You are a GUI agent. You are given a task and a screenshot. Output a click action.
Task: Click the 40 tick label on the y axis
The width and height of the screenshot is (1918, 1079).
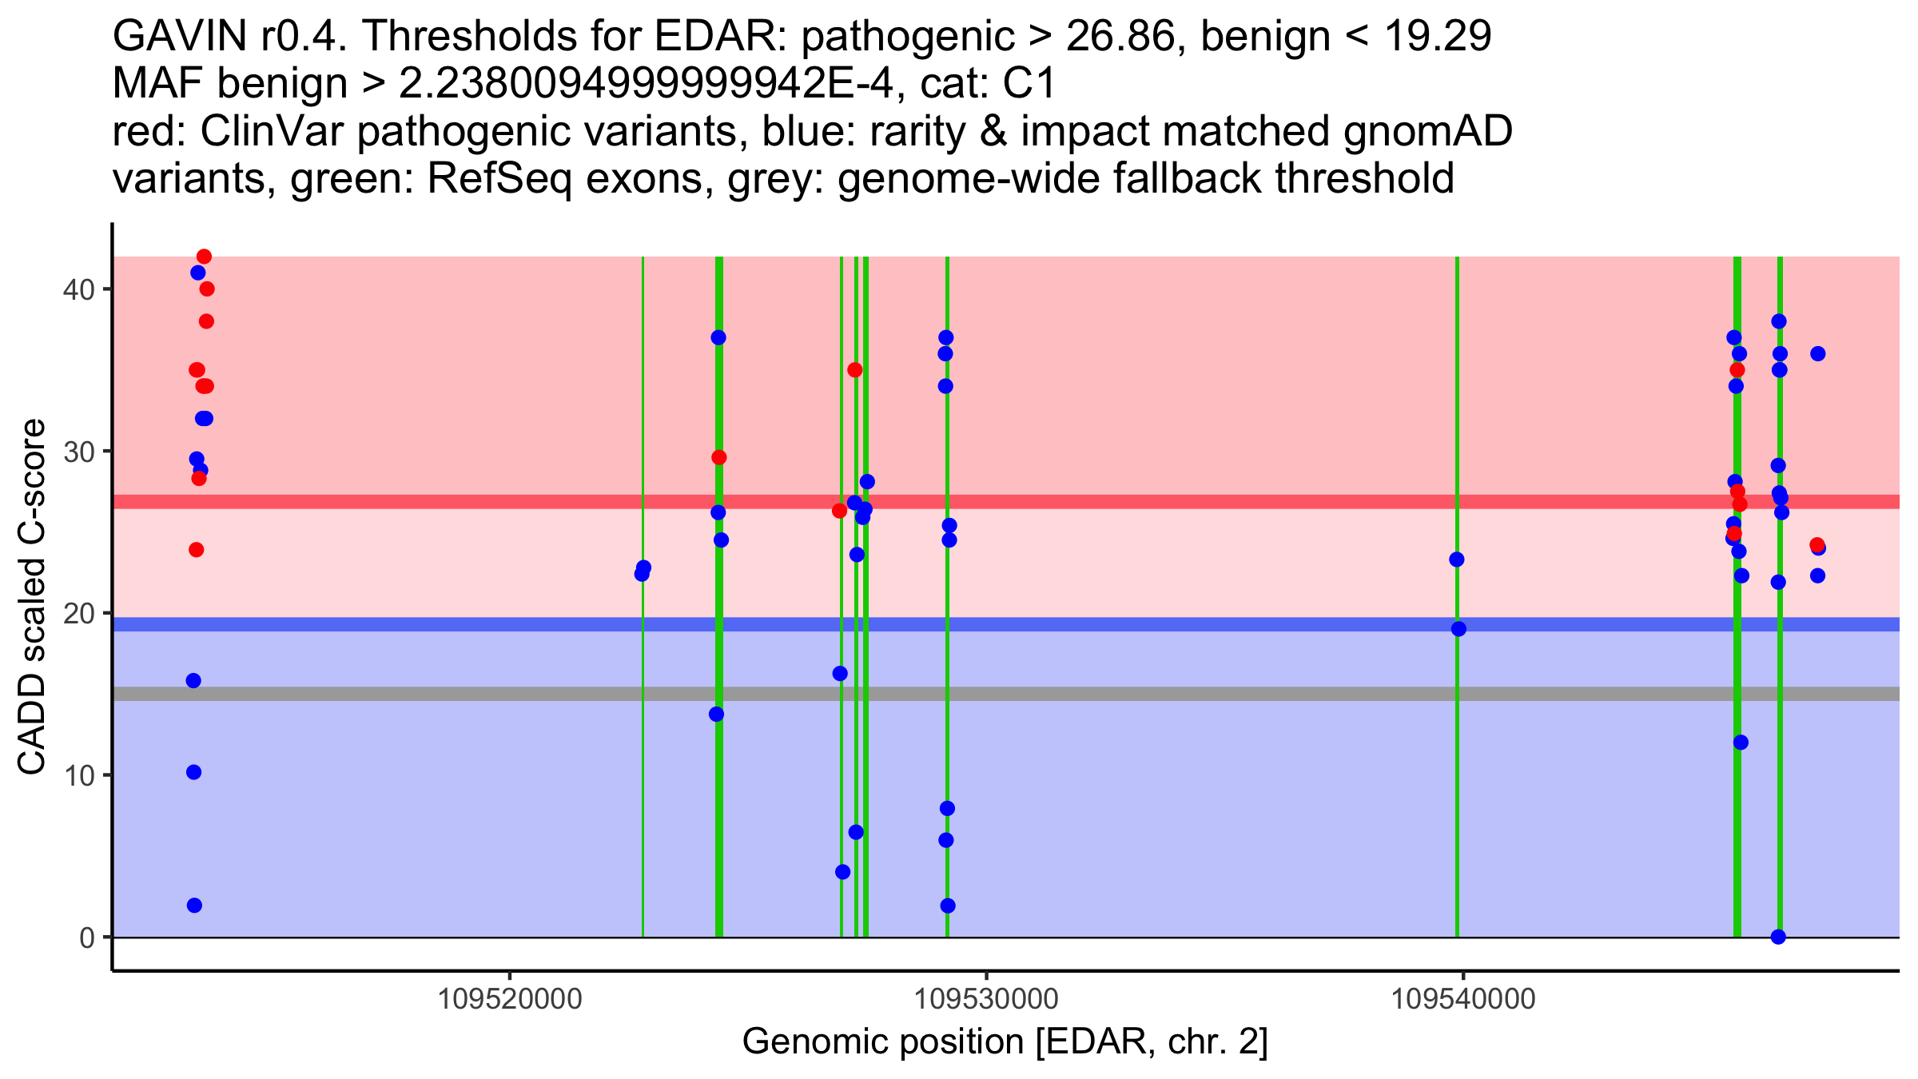78,289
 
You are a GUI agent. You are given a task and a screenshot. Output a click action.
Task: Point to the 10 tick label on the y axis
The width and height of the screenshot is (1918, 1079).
78,775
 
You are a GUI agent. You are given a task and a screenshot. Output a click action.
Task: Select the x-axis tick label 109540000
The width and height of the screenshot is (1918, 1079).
1463,999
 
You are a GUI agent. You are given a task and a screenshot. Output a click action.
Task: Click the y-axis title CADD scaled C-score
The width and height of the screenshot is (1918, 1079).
32,598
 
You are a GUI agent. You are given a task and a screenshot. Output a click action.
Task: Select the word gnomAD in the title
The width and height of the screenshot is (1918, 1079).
1427,131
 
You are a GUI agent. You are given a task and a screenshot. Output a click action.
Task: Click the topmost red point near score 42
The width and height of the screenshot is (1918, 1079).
204,257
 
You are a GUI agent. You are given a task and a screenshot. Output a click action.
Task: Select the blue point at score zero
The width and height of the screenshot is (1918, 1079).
1778,937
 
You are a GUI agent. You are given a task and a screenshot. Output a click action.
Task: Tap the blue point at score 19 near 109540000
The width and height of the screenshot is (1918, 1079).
1458,629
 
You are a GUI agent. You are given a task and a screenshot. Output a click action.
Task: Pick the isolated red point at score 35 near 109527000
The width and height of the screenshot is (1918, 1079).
855,370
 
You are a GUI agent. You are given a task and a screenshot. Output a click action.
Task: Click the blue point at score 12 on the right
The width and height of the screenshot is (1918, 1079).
1741,743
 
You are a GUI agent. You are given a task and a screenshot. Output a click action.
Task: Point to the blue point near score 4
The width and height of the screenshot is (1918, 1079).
842,872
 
